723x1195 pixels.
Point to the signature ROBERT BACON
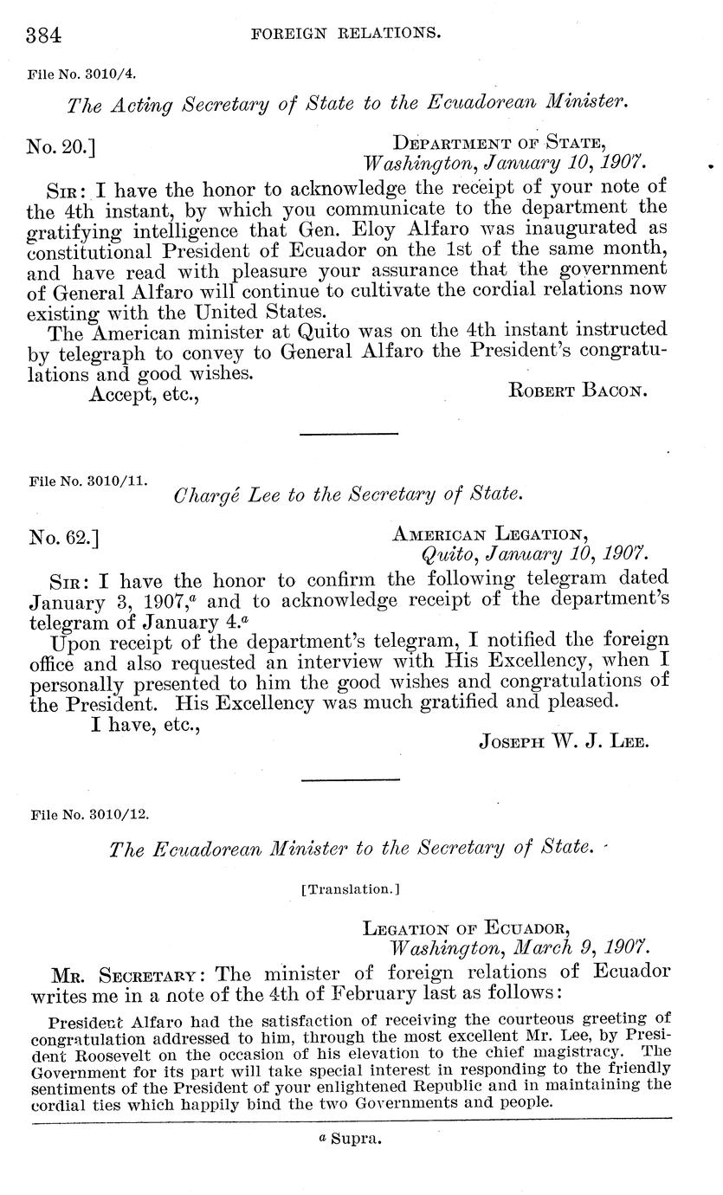[x=578, y=391]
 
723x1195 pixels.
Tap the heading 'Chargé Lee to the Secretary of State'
[x=349, y=495]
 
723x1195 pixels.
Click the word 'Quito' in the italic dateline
[x=448, y=555]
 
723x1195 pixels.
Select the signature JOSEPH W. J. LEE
[x=563, y=741]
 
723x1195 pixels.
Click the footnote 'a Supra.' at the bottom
[x=350, y=1139]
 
